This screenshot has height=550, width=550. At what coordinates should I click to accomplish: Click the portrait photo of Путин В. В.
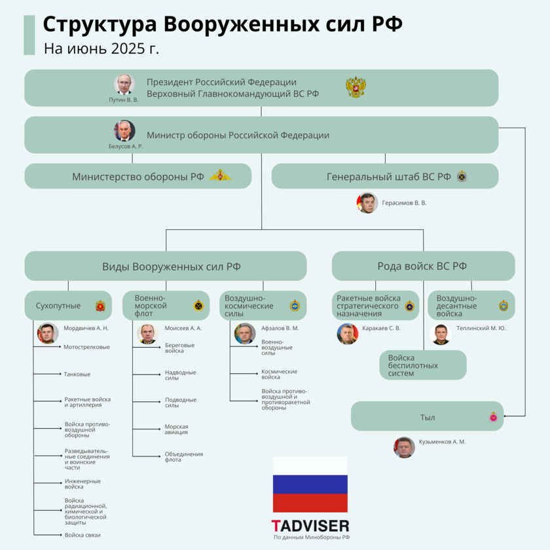pos(124,84)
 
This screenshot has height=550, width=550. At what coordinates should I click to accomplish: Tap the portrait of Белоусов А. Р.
pos(125,130)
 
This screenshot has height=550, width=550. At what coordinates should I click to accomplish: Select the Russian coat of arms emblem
pos(356,88)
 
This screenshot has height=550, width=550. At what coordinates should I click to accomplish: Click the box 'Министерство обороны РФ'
pos(138,176)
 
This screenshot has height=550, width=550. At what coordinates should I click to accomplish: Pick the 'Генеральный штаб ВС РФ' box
pos(385,176)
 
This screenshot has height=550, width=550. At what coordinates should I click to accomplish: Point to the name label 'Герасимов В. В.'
pos(404,203)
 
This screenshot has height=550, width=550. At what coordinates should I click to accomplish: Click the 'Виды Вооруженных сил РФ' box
pos(166,266)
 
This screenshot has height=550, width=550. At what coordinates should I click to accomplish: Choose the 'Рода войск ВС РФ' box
pos(423,266)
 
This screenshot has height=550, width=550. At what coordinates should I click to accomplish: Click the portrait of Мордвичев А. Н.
pos(47,333)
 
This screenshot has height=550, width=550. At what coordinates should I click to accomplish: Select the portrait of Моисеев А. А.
pos(147,333)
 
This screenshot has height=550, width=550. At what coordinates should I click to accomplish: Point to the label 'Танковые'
pos(77,375)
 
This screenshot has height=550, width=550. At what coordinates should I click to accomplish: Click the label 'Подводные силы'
pos(180,402)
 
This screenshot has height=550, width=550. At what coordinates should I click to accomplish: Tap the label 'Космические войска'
pos(279,374)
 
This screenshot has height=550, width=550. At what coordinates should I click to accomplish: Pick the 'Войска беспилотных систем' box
pos(423,365)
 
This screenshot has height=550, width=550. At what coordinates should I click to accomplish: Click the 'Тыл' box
pos(427,417)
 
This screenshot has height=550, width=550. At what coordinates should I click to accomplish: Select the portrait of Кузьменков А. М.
pos(404,447)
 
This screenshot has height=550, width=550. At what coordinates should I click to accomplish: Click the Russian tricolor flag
pos(310,485)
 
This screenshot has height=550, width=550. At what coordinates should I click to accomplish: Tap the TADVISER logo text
pos(310,525)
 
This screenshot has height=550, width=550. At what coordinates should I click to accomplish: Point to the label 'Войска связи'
pos(82,536)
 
